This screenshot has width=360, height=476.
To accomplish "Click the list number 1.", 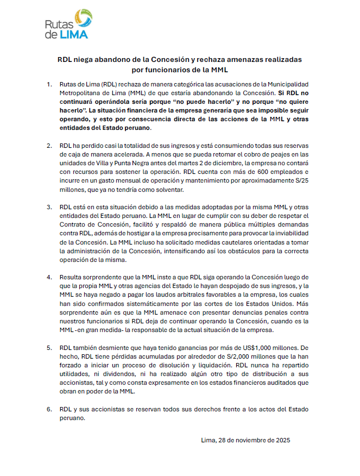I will (49, 85).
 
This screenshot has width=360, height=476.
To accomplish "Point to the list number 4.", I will (49, 277).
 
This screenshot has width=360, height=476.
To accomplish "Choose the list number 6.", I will (49, 408).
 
